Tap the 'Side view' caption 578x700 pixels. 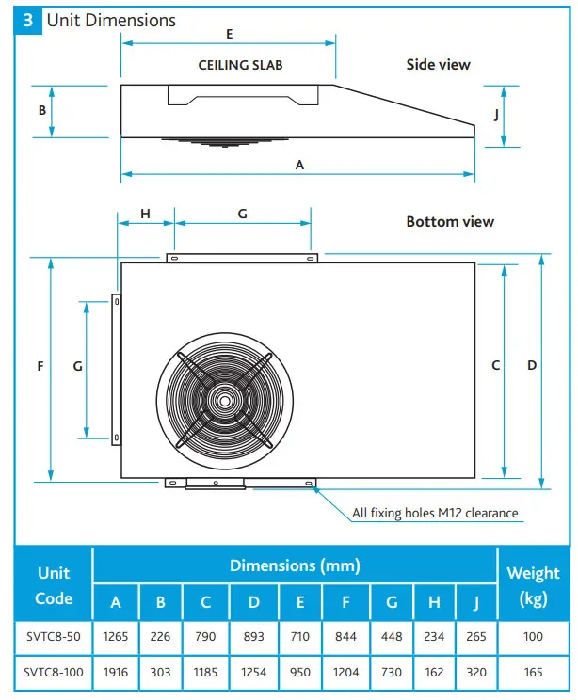click(438, 64)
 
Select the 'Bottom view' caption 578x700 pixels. click(450, 222)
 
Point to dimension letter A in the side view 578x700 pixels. click(300, 164)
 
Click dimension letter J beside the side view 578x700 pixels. click(496, 115)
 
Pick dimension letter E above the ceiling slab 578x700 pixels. click(229, 33)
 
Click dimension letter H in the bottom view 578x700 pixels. click(145, 214)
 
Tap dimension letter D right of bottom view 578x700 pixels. click(532, 365)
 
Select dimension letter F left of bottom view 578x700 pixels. click(40, 366)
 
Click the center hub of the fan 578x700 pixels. click(225, 399)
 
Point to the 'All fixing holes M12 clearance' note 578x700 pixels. click(434, 513)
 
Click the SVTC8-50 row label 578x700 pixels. click(54, 637)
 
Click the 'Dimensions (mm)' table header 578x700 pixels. click(295, 565)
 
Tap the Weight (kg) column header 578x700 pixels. click(533, 585)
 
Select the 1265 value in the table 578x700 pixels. click(116, 637)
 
